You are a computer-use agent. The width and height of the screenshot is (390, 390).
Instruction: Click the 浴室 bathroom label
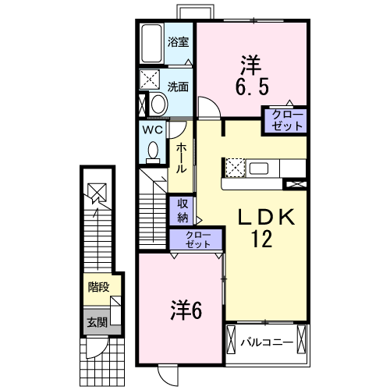click(178, 42)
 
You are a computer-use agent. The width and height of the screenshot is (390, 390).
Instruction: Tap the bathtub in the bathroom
click(151, 44)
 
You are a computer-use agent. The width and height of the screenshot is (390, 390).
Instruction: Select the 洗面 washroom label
click(178, 87)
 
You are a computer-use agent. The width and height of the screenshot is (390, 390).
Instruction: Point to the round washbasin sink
click(158, 104)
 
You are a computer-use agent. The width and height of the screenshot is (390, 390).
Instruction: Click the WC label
click(153, 129)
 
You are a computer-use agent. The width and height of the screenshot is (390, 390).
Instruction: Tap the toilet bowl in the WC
click(153, 152)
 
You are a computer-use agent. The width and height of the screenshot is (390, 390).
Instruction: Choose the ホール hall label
click(181, 158)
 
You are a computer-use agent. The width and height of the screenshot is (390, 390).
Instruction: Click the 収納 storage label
click(183, 211)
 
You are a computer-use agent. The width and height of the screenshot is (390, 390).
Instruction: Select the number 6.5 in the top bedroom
click(252, 87)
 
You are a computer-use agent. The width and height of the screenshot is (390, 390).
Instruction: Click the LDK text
click(267, 217)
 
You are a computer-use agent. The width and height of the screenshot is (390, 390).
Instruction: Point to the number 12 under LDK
click(261, 239)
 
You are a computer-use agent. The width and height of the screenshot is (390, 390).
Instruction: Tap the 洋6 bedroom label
click(186, 311)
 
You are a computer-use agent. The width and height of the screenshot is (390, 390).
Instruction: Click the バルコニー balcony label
click(267, 342)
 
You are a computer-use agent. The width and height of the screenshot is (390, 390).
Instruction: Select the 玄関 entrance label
click(97, 322)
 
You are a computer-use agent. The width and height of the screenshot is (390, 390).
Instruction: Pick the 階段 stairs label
click(98, 287)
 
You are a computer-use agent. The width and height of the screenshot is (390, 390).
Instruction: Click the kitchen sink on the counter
click(258, 168)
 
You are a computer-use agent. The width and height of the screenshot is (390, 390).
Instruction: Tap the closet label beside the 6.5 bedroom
click(287, 120)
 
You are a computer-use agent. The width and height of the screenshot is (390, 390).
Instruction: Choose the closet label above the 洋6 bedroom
click(198, 239)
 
